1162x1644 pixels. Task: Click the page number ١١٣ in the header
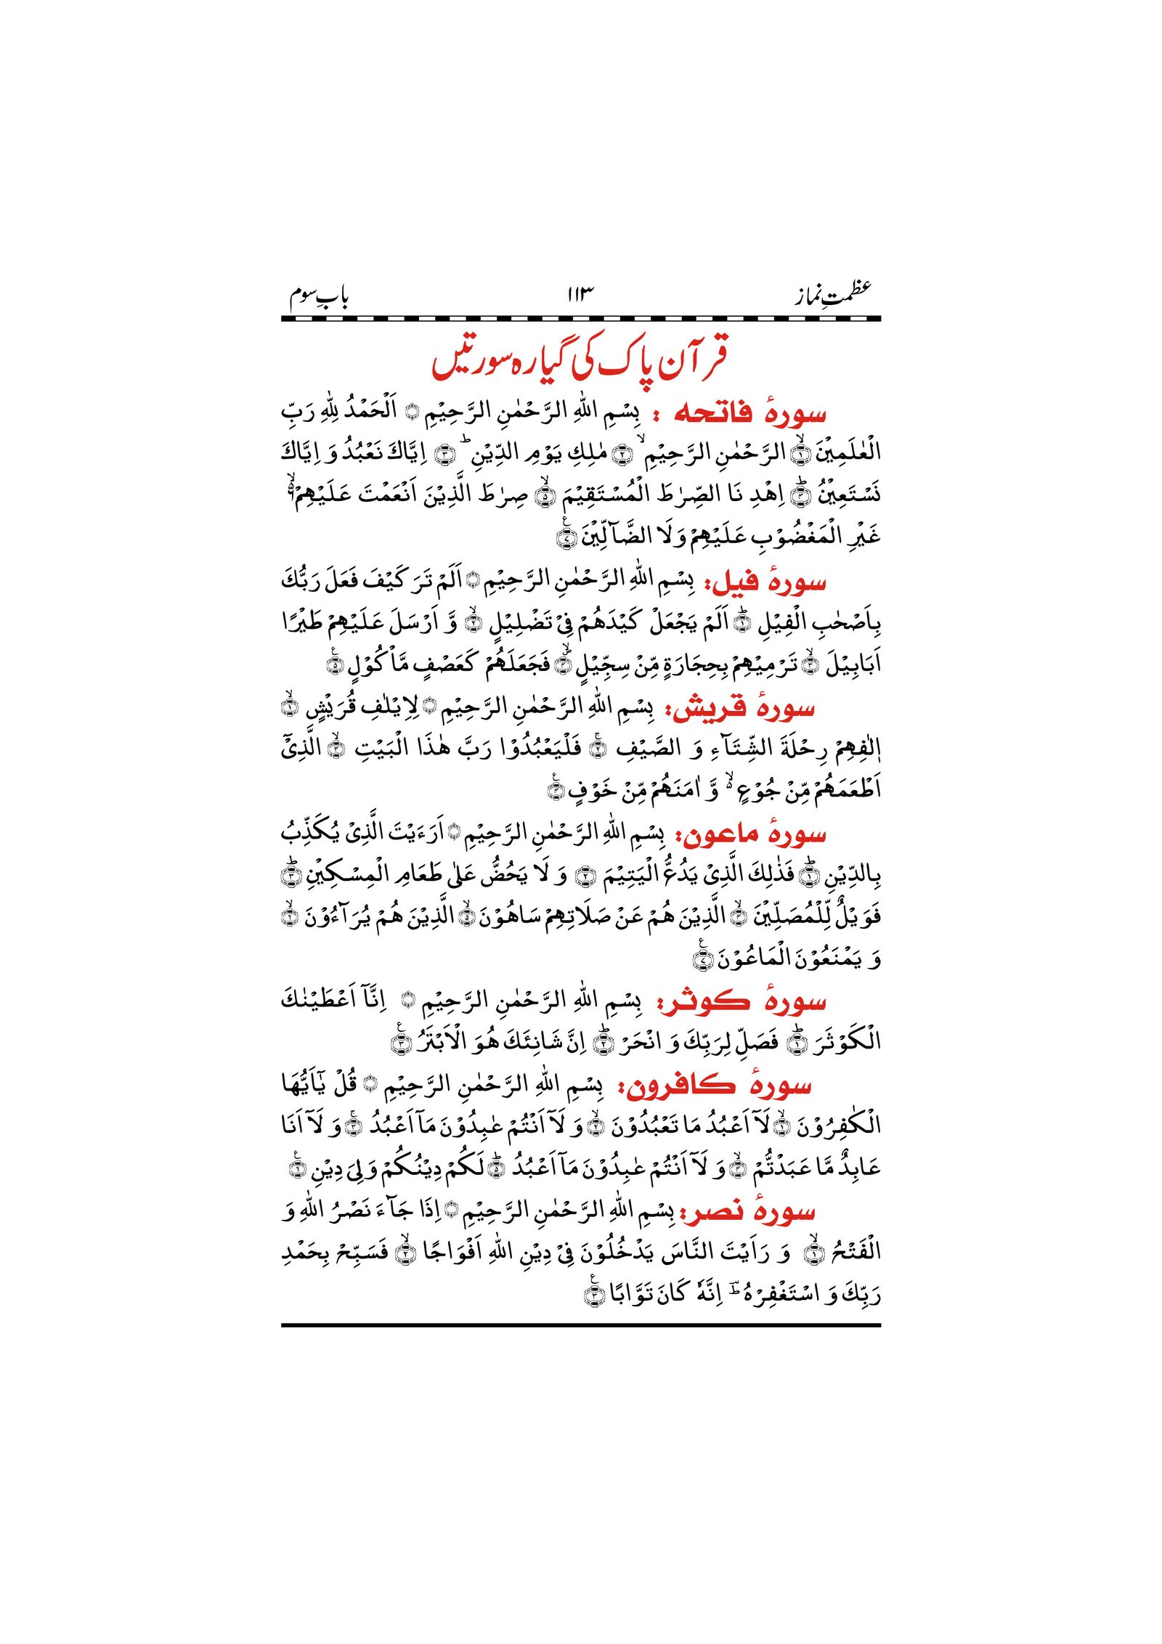[580, 294]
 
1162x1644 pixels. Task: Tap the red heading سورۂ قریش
[744, 708]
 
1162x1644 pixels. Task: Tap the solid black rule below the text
[580, 1325]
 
